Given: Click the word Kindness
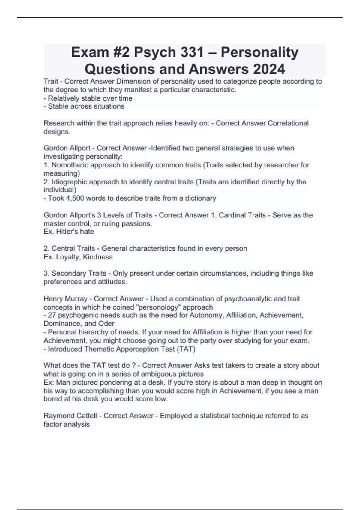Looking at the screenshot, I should (98, 257).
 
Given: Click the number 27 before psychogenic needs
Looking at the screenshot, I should (52, 315).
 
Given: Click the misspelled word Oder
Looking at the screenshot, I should (106, 324).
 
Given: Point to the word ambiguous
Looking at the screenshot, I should (158, 374).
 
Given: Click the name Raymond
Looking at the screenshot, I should (57, 416).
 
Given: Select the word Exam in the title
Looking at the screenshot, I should (85, 52).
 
